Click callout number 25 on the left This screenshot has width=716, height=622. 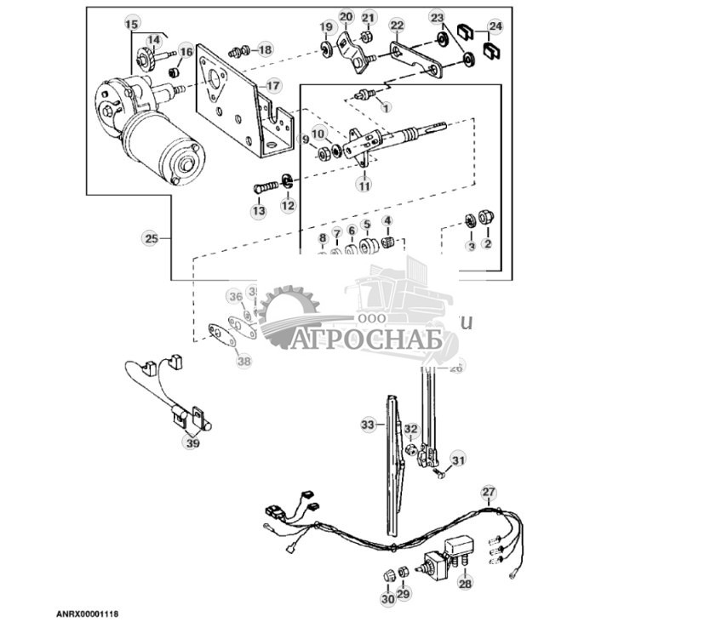pyautogui.click(x=151, y=240)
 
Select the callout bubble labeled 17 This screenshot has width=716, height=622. pyautogui.click(x=272, y=86)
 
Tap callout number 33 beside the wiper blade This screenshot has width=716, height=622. pyautogui.click(x=368, y=424)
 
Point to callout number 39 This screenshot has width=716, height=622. pyautogui.click(x=192, y=442)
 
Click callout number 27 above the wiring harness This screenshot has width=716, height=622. pyautogui.click(x=488, y=492)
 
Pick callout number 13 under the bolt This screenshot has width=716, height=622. pyautogui.click(x=258, y=210)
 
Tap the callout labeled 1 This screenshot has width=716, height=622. pyautogui.click(x=385, y=108)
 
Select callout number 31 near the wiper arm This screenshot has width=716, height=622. pyautogui.click(x=459, y=460)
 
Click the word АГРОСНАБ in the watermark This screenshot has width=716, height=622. pyautogui.click(x=369, y=340)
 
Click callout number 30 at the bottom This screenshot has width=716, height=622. pyautogui.click(x=387, y=600)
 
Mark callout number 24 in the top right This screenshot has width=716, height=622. pyautogui.click(x=495, y=26)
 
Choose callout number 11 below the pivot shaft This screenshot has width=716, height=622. pyautogui.click(x=364, y=185)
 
